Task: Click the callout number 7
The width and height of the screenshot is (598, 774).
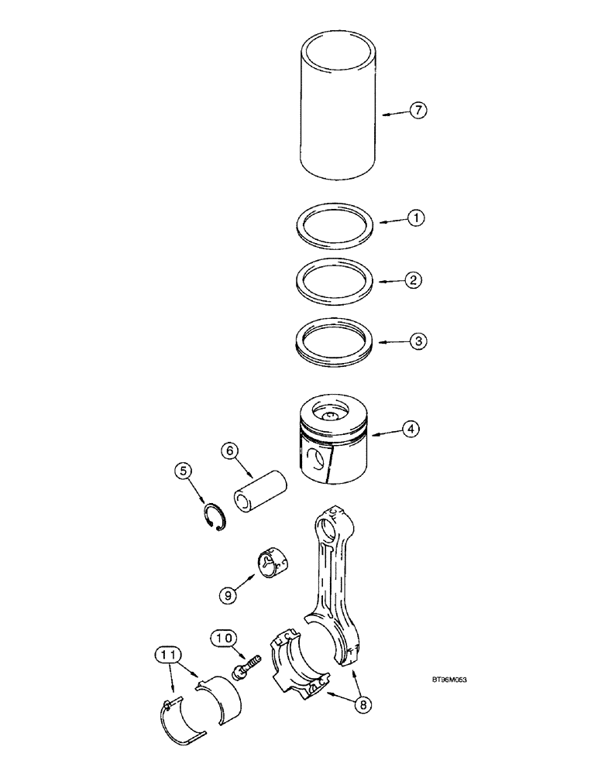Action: (x=417, y=111)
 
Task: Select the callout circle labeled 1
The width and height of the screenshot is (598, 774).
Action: (x=416, y=219)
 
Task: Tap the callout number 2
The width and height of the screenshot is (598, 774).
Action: (x=416, y=279)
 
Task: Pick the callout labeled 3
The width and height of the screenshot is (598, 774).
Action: (x=416, y=340)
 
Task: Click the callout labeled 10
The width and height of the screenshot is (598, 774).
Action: (x=222, y=638)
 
